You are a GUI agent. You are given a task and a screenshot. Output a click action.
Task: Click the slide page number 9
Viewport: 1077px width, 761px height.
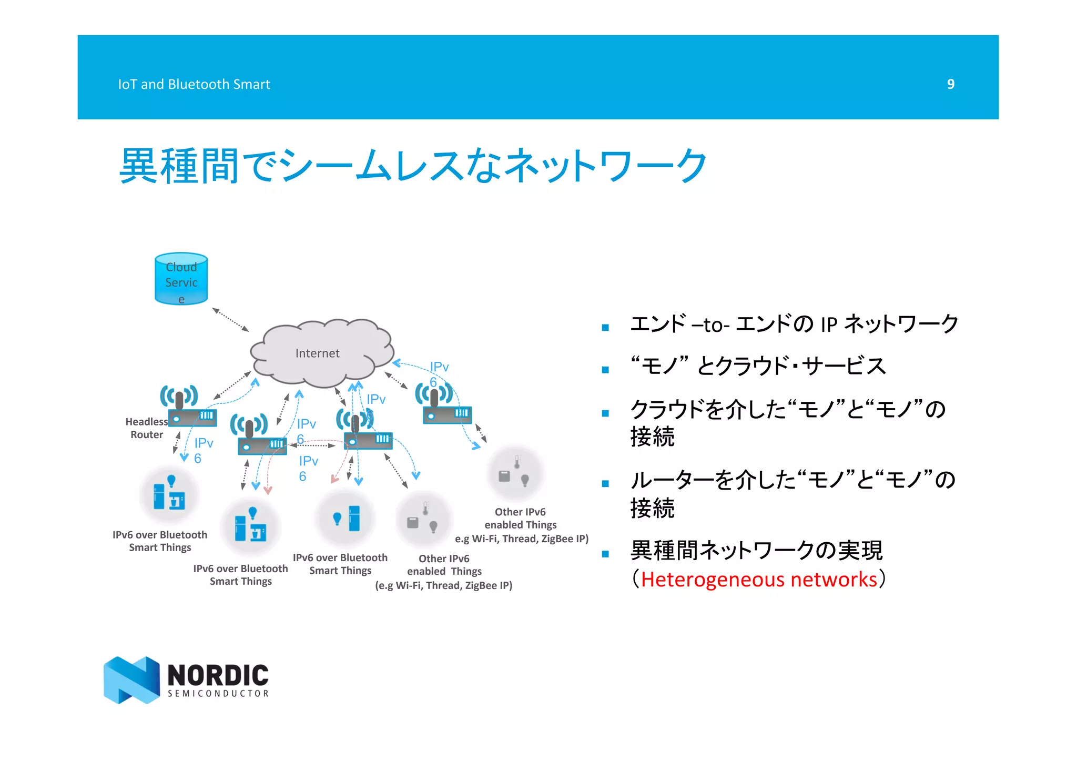point(950,84)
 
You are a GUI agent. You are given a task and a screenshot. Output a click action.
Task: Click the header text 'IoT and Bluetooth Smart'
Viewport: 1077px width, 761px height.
point(194,84)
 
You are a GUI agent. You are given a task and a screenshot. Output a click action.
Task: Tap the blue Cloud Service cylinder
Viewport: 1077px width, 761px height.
point(181,279)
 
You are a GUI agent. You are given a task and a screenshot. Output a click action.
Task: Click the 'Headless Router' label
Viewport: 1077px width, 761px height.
point(147,428)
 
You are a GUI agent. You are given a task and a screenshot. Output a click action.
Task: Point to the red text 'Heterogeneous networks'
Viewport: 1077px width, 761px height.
point(759,580)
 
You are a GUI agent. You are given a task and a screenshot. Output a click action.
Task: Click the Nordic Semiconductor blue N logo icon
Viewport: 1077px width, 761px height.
point(131,679)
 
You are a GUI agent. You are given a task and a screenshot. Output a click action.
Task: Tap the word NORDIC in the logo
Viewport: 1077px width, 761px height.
point(218,675)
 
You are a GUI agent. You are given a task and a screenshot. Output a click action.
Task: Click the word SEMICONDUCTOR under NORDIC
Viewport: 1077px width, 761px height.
point(218,694)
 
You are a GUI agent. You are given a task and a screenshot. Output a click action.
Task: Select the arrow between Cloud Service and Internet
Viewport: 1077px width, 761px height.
point(230,320)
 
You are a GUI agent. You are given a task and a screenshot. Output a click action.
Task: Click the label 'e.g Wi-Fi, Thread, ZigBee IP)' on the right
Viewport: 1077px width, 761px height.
point(522,539)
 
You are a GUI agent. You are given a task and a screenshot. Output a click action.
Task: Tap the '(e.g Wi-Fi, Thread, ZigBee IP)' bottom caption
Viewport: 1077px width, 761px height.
point(443,585)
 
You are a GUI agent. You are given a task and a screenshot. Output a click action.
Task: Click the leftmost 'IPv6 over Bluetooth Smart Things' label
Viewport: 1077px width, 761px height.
point(160,541)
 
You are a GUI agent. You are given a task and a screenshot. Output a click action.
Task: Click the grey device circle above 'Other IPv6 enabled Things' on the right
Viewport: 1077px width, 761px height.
point(515,473)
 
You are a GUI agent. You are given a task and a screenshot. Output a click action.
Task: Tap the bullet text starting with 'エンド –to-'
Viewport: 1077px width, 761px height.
point(794,324)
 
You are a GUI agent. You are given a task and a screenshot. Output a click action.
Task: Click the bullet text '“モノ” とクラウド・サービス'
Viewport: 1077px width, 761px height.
point(758,366)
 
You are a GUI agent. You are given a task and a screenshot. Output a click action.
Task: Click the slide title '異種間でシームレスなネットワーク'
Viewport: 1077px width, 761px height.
point(413,166)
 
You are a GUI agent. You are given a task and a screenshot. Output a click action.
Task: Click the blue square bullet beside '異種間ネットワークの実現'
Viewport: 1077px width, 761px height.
point(605,554)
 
